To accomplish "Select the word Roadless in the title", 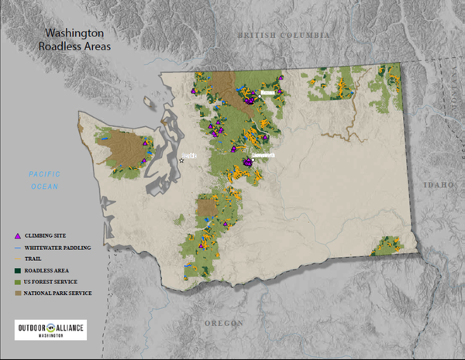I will click(60, 46).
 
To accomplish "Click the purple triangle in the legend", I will click(18, 235).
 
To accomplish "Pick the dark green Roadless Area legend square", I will click(18, 270).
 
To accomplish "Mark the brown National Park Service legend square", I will click(18, 293).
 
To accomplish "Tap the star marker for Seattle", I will click(182, 160).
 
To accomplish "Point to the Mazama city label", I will click(267, 92).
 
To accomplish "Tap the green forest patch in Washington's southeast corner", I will click(384, 247).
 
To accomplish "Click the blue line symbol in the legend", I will click(18, 247).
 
